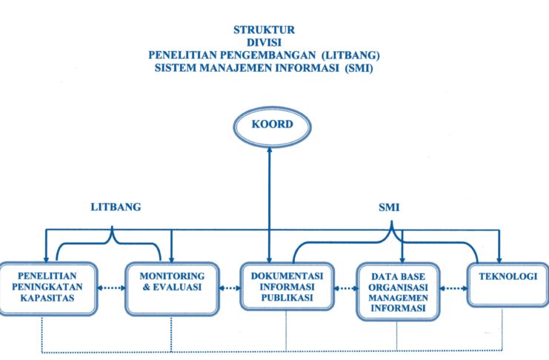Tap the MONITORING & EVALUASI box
pyautogui.click(x=171, y=282)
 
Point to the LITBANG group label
pyautogui.click(x=114, y=208)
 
